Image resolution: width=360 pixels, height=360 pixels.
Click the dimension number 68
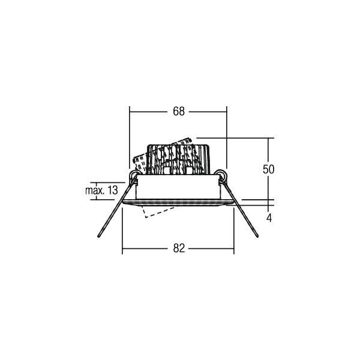[x=179, y=111]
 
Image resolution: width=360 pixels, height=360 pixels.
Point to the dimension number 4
[x=269, y=218]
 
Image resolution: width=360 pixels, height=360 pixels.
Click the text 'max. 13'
[x=101, y=190]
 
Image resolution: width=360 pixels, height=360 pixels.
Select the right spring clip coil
[x=222, y=176]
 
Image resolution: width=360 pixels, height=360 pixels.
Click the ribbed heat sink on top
[x=179, y=157]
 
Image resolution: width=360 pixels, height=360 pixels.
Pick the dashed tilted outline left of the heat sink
[x=139, y=161]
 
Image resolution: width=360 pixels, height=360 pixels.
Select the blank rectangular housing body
[x=179, y=188]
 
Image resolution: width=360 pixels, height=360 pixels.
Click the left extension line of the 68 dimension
[x=130, y=138]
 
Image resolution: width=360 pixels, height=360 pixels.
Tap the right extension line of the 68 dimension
[x=227, y=138]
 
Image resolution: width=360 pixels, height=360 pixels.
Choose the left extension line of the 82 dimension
[x=122, y=231]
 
